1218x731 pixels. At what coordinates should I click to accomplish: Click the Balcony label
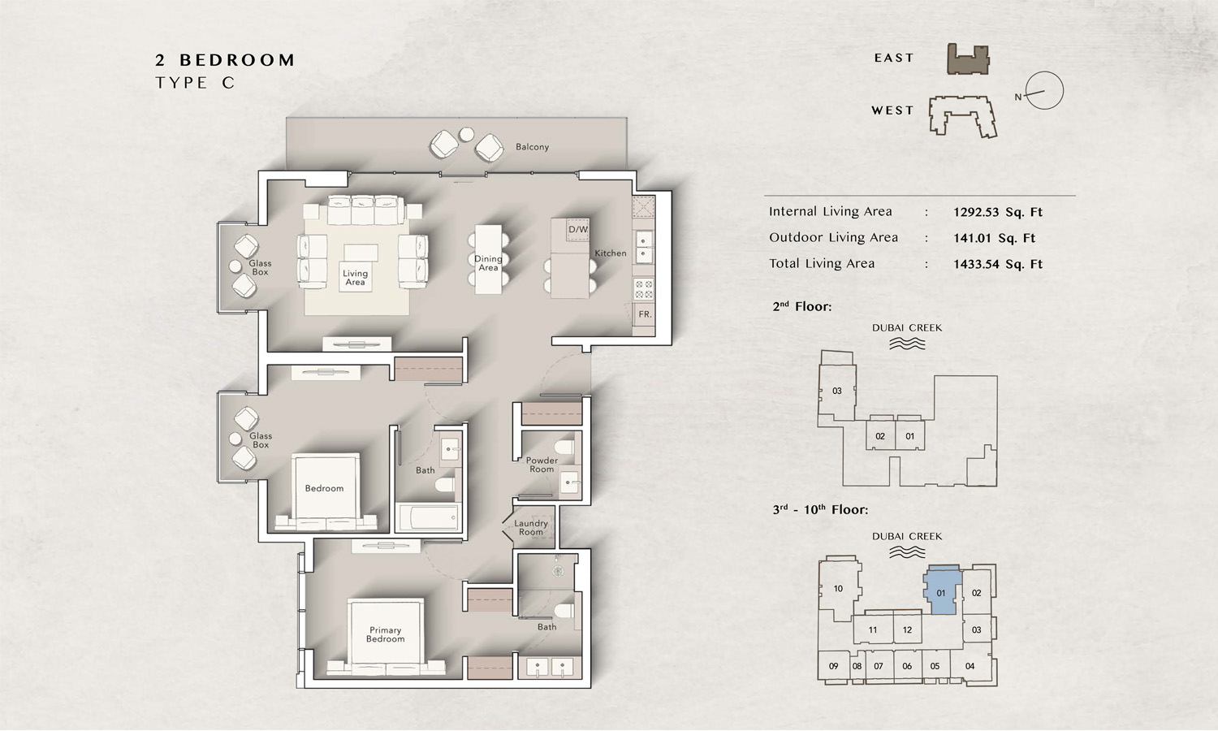[533, 147]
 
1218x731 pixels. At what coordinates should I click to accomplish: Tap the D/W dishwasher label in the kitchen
[578, 230]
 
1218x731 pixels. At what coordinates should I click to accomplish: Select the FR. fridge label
[645, 314]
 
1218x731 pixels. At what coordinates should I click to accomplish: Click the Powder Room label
[542, 465]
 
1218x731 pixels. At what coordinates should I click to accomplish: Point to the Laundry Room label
[531, 528]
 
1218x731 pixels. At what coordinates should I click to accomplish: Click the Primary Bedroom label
[385, 634]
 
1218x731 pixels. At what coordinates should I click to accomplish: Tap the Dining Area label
[488, 263]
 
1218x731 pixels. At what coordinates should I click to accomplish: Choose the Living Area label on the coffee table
[355, 278]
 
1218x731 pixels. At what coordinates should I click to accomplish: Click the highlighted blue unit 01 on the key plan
[942, 590]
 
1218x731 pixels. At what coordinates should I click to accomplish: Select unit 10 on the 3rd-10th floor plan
[838, 589]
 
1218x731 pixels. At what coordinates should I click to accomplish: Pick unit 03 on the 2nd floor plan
[837, 391]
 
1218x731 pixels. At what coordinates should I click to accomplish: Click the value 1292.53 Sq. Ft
[998, 212]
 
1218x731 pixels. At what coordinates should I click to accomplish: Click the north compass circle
[1044, 90]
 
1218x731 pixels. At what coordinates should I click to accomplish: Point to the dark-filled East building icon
[969, 58]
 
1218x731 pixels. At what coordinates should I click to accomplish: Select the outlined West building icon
[962, 116]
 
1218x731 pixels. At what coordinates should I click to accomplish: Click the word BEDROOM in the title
[237, 60]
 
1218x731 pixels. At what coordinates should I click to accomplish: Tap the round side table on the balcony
[466, 134]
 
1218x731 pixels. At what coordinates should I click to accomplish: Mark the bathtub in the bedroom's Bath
[427, 517]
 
